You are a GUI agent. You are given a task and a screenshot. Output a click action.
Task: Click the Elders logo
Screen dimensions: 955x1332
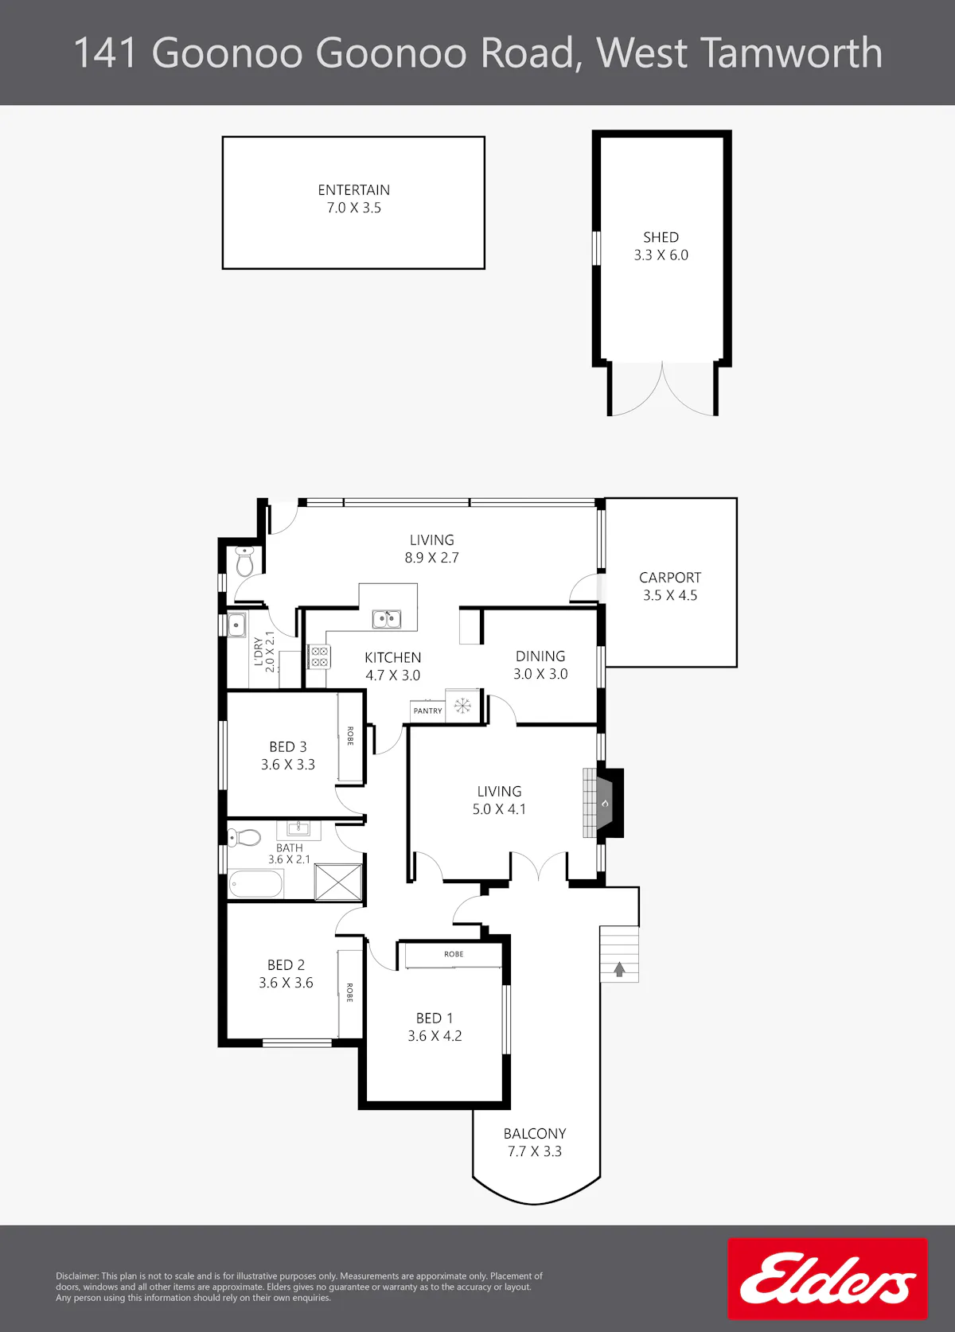pyautogui.click(x=827, y=1279)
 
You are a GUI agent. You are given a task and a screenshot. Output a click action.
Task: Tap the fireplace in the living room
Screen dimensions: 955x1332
pyautogui.click(x=603, y=803)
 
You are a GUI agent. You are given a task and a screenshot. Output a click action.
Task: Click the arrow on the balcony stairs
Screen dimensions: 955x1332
pyautogui.click(x=619, y=969)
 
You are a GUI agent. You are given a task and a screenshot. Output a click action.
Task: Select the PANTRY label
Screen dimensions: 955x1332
pyautogui.click(x=427, y=711)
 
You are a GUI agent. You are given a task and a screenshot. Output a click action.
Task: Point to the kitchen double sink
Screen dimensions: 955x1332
pyautogui.click(x=387, y=619)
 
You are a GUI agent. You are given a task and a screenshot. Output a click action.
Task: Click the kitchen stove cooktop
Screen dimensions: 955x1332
pyautogui.click(x=318, y=657)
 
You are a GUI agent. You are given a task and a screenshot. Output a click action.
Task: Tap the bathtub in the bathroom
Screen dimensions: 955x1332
pyautogui.click(x=255, y=884)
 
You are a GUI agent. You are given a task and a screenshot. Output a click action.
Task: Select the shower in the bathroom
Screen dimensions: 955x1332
pyautogui.click(x=337, y=882)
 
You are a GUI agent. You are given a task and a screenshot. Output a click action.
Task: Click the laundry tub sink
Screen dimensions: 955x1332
pyautogui.click(x=236, y=625)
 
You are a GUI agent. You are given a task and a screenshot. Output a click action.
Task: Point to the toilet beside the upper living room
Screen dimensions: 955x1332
pyautogui.click(x=244, y=561)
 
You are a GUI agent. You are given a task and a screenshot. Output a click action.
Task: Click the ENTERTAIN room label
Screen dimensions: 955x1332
pyautogui.click(x=354, y=189)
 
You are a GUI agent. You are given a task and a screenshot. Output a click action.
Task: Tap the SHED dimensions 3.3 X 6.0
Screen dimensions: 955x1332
pyautogui.click(x=661, y=255)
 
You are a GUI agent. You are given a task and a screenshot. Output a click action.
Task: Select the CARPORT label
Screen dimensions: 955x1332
pyautogui.click(x=670, y=578)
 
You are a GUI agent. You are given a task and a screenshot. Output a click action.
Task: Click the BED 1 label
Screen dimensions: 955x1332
pyautogui.click(x=435, y=1018)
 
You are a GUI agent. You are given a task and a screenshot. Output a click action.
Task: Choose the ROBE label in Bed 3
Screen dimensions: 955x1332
pyautogui.click(x=350, y=735)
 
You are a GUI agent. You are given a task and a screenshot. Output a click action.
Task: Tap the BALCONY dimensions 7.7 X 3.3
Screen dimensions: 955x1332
pyautogui.click(x=535, y=1151)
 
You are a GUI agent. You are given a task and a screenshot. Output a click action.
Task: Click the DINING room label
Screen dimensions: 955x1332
pyautogui.click(x=540, y=656)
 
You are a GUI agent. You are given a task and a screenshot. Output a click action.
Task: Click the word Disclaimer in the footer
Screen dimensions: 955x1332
pyautogui.click(x=77, y=1276)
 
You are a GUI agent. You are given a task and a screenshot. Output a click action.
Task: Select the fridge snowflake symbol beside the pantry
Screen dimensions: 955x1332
pyautogui.click(x=462, y=706)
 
